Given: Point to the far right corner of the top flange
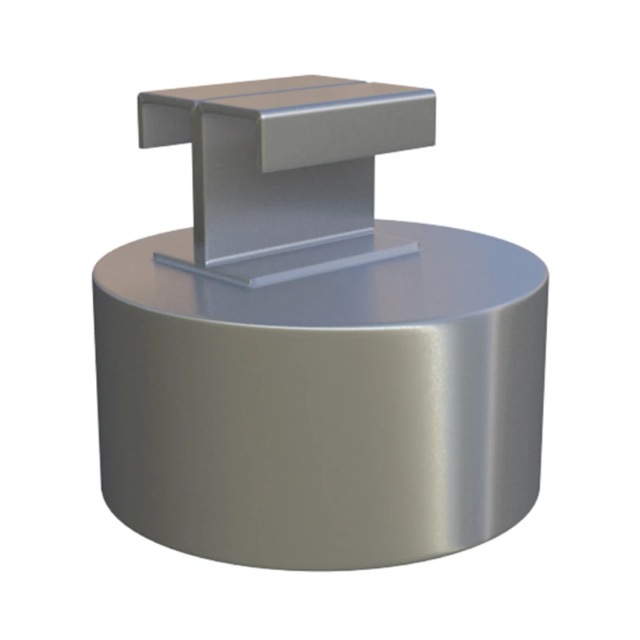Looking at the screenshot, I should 434,93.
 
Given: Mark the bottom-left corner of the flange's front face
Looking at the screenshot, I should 262,170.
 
